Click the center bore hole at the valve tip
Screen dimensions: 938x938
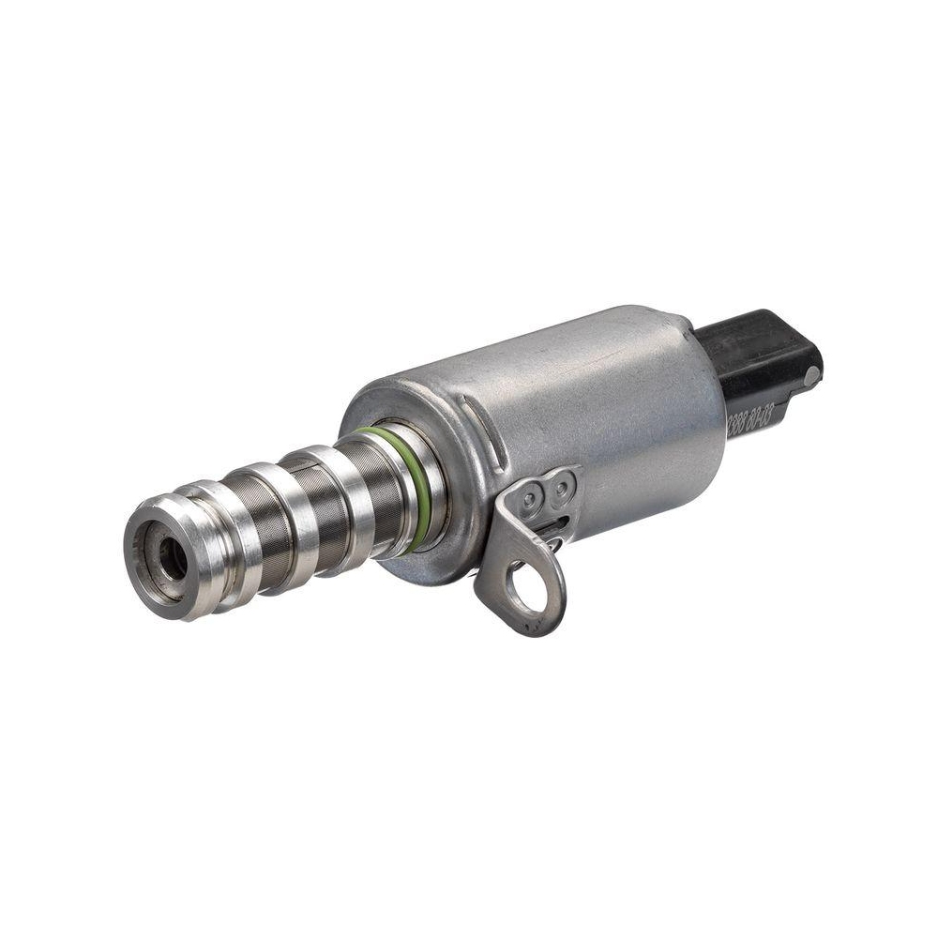point(172,559)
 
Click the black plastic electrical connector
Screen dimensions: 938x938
point(760,361)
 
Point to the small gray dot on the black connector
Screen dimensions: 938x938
point(810,374)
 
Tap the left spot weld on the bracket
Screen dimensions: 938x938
point(532,497)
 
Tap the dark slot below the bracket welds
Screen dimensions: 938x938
point(559,525)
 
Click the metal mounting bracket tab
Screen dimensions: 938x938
point(525,563)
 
